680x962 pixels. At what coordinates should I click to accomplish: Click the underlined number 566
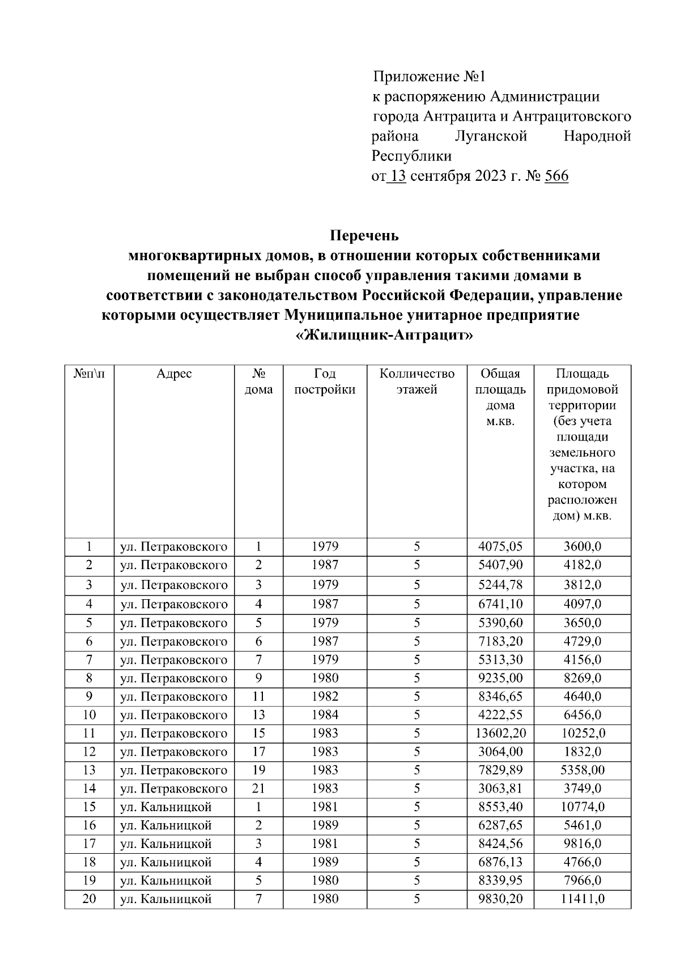click(x=556, y=176)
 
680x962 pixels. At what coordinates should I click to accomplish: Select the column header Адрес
click(x=174, y=374)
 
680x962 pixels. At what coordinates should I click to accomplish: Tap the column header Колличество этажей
click(x=416, y=382)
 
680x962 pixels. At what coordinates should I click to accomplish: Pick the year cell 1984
click(x=325, y=715)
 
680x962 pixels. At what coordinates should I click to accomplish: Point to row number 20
click(x=89, y=899)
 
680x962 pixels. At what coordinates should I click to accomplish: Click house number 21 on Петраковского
click(x=258, y=789)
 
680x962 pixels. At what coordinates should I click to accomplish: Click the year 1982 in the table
click(x=325, y=697)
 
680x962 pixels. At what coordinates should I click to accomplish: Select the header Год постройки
click(x=325, y=382)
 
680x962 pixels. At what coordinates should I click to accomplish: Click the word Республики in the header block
click(x=411, y=156)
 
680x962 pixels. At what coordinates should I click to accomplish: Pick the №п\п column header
click(x=89, y=374)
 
